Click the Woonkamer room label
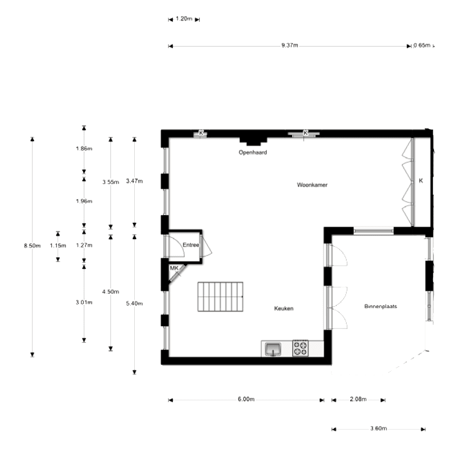[x=312, y=185]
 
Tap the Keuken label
[x=284, y=309]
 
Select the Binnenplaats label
[x=380, y=306]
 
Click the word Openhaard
[x=253, y=152]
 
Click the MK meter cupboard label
[x=174, y=268]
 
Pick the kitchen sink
[x=273, y=349]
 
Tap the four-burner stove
[x=300, y=348]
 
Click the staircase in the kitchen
[x=220, y=296]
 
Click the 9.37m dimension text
[x=289, y=46]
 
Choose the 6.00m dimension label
[x=246, y=399]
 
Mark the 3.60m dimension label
[x=379, y=429]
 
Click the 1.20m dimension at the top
[x=184, y=19]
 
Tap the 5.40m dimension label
[x=134, y=303]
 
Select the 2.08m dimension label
[x=358, y=399]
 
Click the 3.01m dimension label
[x=84, y=302]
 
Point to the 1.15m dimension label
[x=58, y=245]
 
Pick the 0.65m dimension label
[x=422, y=46]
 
